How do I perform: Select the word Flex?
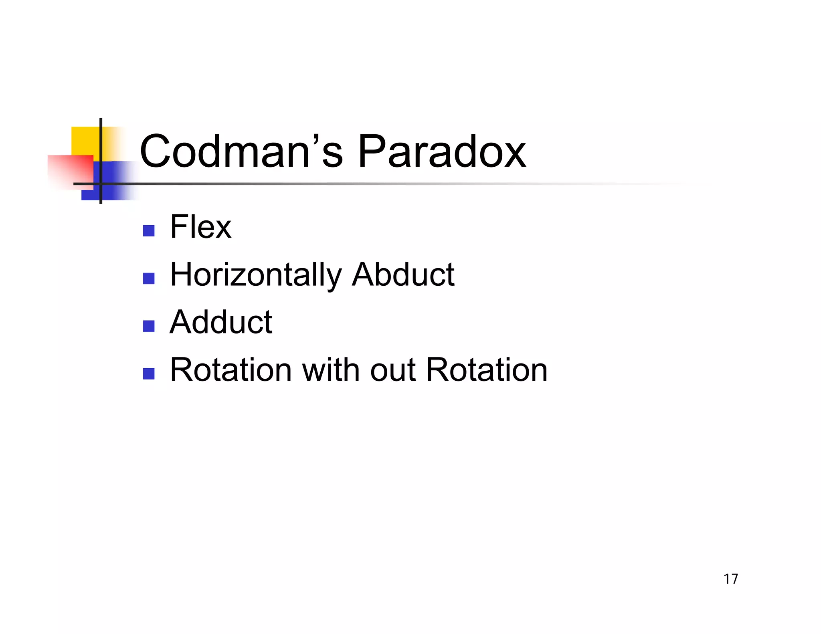pos(200,227)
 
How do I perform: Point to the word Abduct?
pos(403,275)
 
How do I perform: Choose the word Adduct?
pos(221,322)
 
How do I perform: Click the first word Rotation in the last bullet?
pos(231,370)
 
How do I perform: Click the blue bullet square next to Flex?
pos(149,231)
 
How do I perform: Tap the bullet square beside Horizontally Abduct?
pos(149,279)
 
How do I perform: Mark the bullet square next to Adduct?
pos(149,326)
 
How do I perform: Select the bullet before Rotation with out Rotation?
pos(149,374)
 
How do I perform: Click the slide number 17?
pos(730,579)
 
